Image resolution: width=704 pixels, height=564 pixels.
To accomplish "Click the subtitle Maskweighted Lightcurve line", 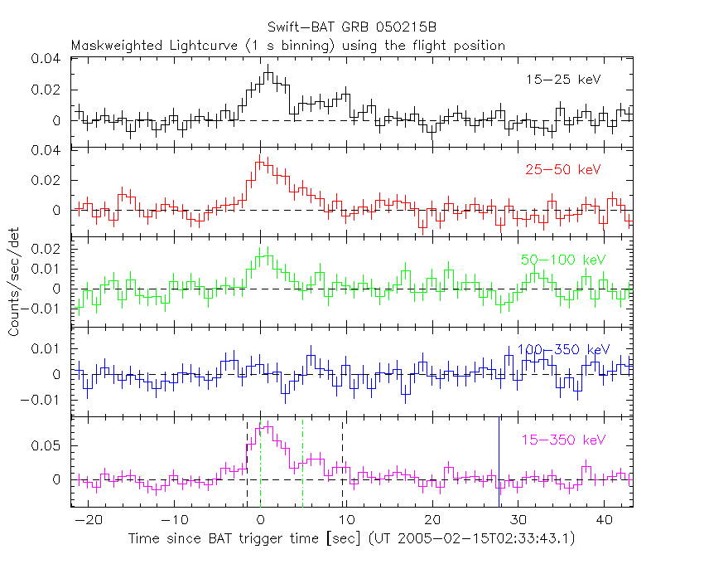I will tap(287, 46).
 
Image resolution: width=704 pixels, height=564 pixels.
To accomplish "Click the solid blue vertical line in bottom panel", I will tap(499, 461).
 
